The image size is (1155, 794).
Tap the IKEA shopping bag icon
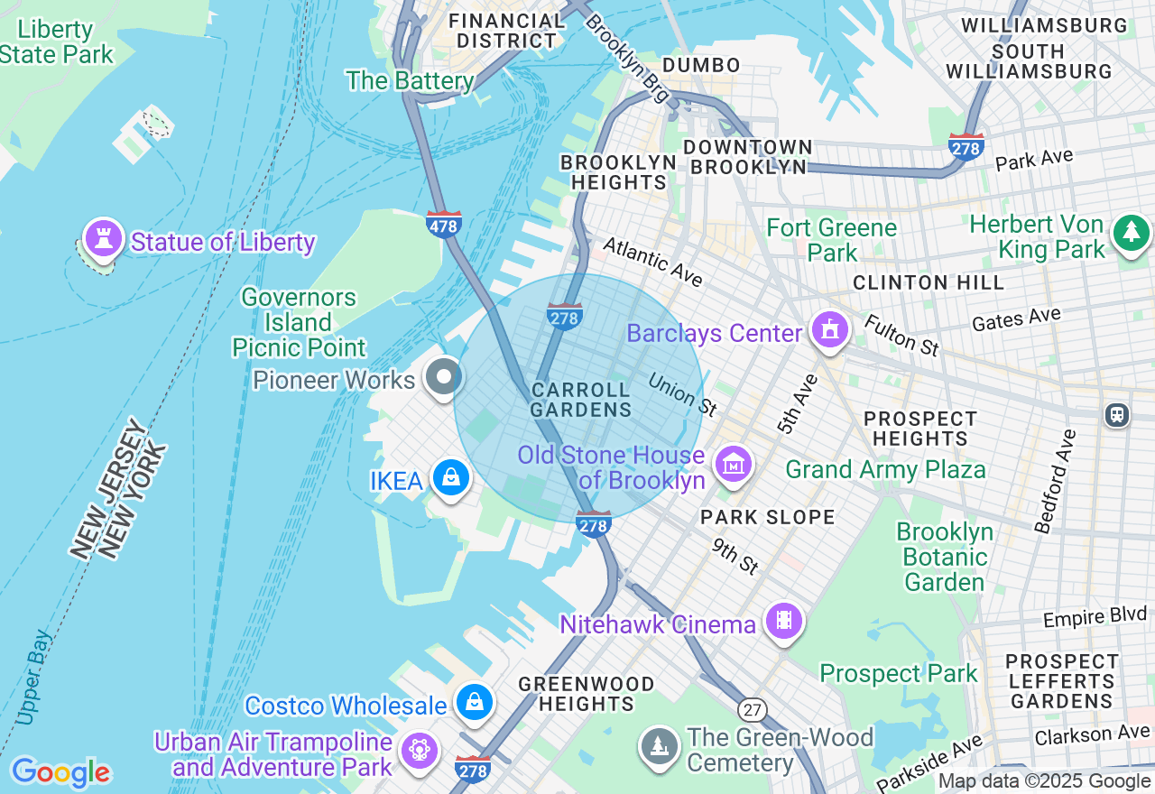pos(449,476)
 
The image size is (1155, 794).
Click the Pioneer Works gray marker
pos(443,376)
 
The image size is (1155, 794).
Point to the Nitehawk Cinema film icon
pos(783,620)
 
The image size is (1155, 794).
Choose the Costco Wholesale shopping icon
pos(474,701)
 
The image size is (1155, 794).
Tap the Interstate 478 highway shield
pos(443,224)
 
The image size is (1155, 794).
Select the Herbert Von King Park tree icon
pos(1131,233)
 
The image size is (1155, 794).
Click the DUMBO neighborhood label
pos(701,65)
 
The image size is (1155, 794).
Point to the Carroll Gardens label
pos(580,400)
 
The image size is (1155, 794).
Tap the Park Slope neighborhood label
pos(768,517)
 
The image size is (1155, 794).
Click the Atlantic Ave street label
pos(652,262)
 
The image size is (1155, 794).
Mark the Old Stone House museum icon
pos(733,465)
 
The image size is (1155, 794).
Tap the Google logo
pos(60,772)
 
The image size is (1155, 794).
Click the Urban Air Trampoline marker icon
pos(420,750)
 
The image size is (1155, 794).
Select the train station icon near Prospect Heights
pos(1117,414)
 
